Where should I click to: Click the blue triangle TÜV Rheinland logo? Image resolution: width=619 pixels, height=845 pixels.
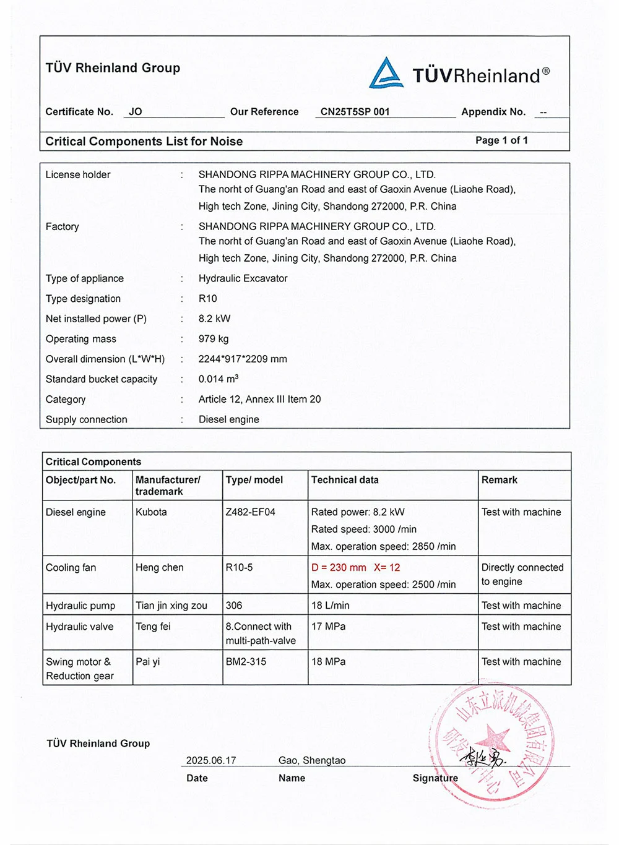pos(386,74)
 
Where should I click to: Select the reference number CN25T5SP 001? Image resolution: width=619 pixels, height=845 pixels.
pos(355,112)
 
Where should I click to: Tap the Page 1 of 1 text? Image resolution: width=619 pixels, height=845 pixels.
pos(501,140)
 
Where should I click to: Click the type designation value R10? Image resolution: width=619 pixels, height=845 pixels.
pos(208,299)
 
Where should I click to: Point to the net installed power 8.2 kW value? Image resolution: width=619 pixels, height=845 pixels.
pos(214,319)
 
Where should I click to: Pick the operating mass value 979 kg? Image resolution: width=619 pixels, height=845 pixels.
pos(214,339)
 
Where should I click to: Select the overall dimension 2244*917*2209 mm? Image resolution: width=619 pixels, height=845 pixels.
pos(243,359)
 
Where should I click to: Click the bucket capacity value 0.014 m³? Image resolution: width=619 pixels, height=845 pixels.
pos(218,379)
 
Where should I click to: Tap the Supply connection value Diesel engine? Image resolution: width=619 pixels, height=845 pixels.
pos(228,419)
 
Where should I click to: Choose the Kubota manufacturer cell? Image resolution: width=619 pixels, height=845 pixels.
pos(151,512)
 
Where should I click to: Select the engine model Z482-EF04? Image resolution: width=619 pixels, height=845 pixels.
pos(250,512)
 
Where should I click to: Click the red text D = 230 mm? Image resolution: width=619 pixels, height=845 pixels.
pos(339,567)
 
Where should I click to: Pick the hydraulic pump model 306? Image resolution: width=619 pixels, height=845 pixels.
pos(234,606)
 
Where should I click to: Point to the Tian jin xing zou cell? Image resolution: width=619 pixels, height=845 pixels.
pos(171,606)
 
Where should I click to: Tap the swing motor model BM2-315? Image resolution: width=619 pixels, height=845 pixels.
pos(246,662)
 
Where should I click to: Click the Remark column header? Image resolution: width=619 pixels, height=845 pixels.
pos(500,480)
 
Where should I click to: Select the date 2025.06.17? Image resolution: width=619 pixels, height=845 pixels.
pos(211,760)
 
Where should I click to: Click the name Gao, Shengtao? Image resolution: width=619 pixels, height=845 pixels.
pos(312,760)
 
